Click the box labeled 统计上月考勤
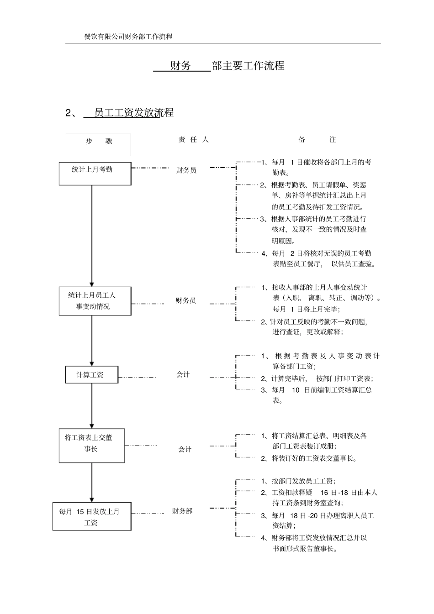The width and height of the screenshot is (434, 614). pyautogui.click(x=95, y=173)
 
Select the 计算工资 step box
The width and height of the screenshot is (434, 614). pyautogui.click(x=92, y=375)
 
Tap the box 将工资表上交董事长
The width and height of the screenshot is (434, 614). pyautogui.click(x=92, y=446)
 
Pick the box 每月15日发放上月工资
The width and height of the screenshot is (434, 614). pyautogui.click(x=92, y=516)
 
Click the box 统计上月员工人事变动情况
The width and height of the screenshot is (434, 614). pyautogui.click(x=95, y=301)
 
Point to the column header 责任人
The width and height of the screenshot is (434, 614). pyautogui.click(x=193, y=140)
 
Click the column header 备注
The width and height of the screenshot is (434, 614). pyautogui.click(x=317, y=140)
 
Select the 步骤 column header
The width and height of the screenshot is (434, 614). pyautogui.click(x=99, y=142)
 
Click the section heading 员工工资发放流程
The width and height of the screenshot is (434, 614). pyautogui.click(x=133, y=113)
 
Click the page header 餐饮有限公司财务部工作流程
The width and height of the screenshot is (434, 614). pyautogui.click(x=128, y=37)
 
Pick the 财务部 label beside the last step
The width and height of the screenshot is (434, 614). pyautogui.click(x=182, y=511)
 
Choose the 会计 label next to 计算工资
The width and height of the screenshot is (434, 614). pyautogui.click(x=183, y=374)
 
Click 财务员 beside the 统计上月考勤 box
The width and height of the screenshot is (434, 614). pyautogui.click(x=186, y=170)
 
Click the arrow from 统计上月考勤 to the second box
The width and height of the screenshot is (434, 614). pyautogui.click(x=92, y=235)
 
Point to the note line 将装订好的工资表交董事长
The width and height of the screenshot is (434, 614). pyautogui.click(x=314, y=458)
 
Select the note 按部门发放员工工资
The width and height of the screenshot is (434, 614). pyautogui.click(x=303, y=481)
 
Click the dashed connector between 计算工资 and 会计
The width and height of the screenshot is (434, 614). pyautogui.click(x=137, y=377)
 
